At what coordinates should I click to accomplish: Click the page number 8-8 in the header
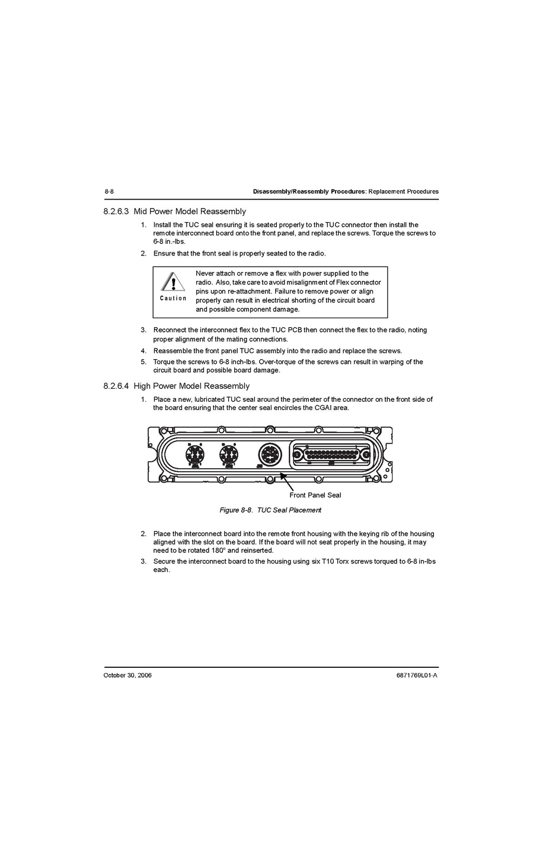[x=108, y=191]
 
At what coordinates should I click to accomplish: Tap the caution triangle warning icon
[x=173, y=281]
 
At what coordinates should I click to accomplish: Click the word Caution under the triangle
[x=173, y=298]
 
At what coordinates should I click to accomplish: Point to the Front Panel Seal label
[x=315, y=495]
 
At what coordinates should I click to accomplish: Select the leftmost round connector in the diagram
[x=195, y=455]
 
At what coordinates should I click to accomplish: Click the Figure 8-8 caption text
[x=270, y=510]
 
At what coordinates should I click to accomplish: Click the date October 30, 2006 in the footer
[x=127, y=675]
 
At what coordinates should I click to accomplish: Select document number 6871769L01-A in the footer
[x=416, y=675]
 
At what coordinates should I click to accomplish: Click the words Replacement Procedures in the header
[x=404, y=191]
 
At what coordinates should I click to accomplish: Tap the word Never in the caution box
[x=205, y=274]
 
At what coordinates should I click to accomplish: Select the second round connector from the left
[x=228, y=455]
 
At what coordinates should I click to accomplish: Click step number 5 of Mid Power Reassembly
[x=143, y=362]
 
